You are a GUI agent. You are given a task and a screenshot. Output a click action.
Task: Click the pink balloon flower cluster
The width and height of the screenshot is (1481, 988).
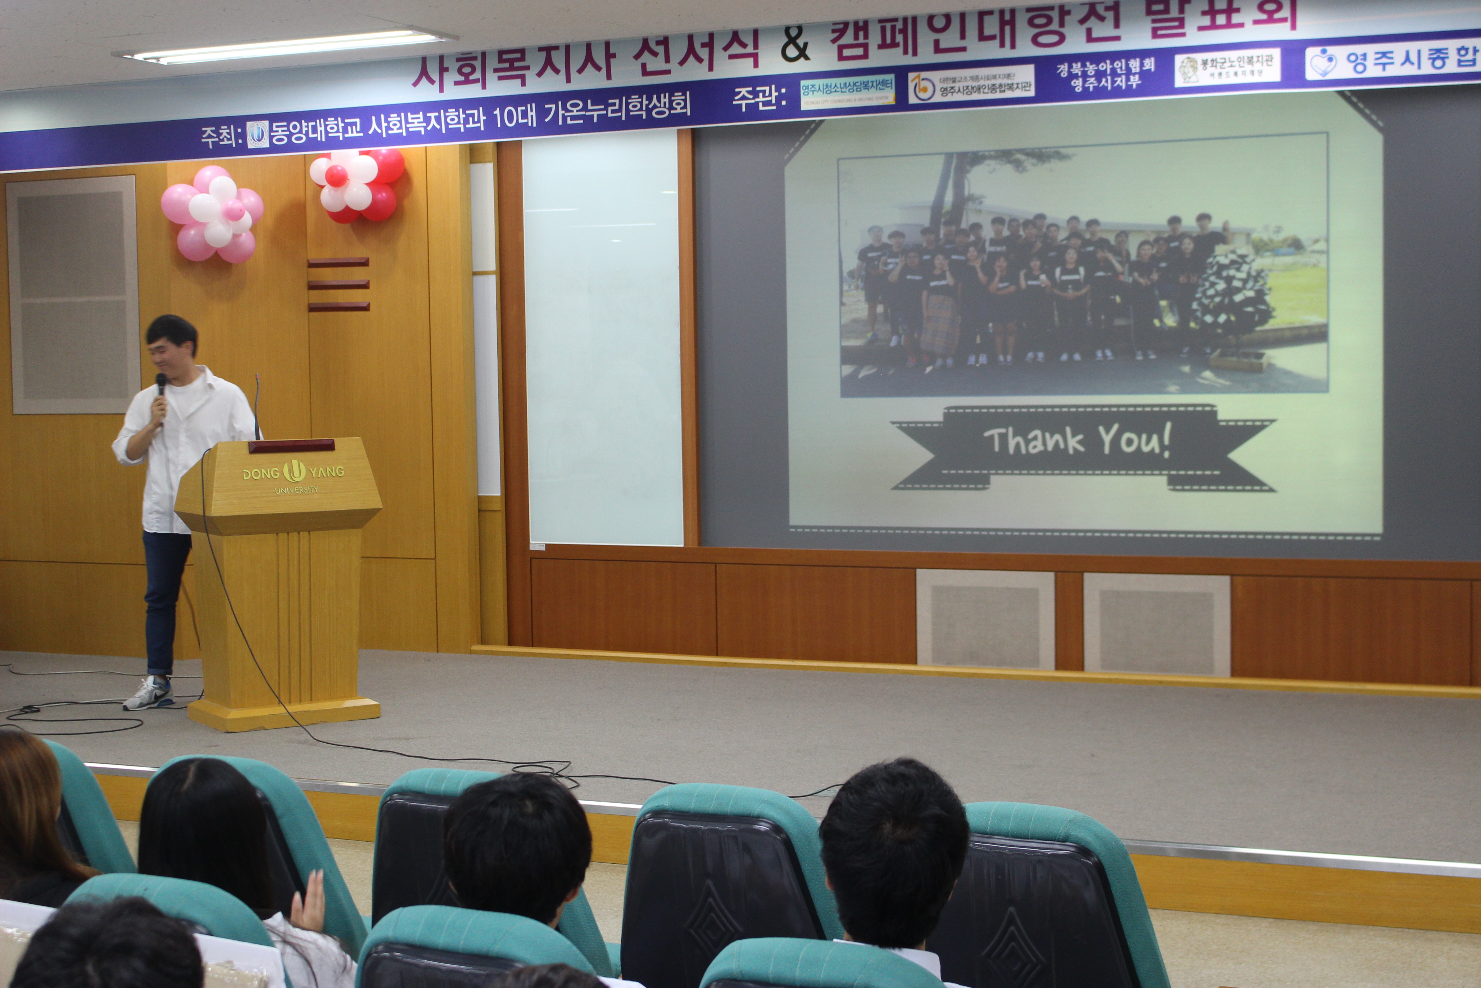212,214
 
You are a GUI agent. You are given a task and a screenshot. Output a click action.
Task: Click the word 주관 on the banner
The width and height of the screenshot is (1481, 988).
759,98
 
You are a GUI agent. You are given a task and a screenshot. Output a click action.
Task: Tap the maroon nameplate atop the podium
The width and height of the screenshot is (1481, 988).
291,445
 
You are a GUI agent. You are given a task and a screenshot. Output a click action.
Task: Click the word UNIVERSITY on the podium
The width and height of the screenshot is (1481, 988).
296,490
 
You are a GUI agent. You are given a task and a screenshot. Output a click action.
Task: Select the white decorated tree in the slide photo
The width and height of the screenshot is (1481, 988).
1231,296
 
